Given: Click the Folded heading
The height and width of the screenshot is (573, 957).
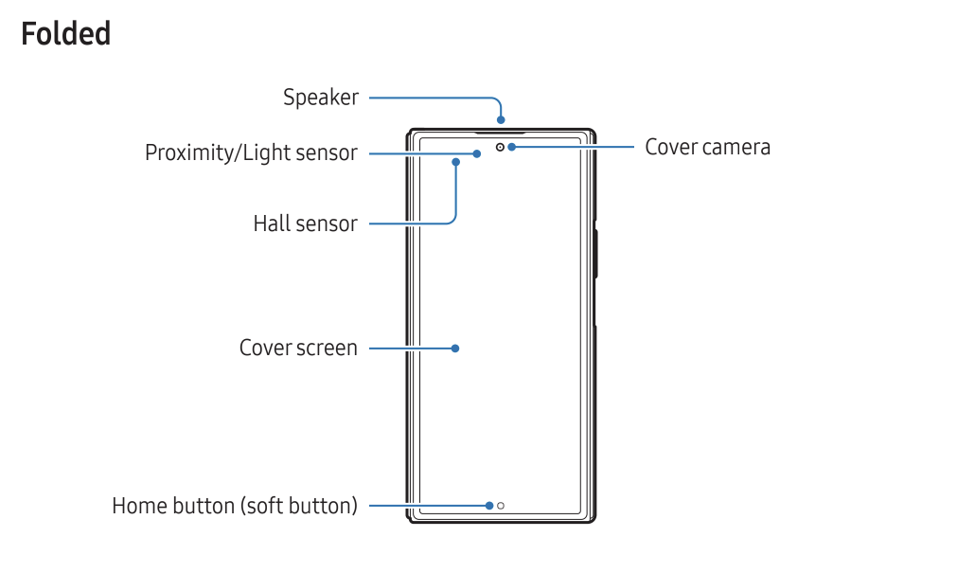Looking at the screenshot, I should [x=65, y=34].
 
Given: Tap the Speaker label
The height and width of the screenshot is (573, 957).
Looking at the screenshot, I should [x=321, y=97].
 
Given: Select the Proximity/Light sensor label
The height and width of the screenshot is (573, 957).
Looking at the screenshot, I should [x=251, y=152].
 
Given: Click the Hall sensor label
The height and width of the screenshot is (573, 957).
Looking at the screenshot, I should [x=305, y=224].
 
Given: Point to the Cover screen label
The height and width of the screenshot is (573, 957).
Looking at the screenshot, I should [x=298, y=348].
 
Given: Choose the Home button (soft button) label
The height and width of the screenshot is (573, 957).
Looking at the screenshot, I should [x=235, y=506].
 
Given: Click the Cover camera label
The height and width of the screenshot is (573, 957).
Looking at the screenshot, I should [x=707, y=147].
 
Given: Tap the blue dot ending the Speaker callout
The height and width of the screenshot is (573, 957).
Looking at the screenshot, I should [x=501, y=120].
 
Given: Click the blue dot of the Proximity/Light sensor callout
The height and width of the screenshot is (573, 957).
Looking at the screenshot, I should [x=478, y=152].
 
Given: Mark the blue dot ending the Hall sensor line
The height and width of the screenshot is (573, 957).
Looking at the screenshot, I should [x=455, y=162].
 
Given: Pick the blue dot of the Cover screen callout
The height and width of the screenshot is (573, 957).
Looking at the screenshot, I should [x=455, y=349].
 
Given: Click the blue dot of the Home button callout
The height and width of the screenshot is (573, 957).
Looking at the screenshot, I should [x=488, y=506].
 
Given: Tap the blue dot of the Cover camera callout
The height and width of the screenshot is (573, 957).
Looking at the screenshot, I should [x=511, y=147].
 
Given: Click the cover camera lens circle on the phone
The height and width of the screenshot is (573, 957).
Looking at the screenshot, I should [x=500, y=147].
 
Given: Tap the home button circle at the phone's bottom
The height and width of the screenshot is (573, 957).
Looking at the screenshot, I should [x=501, y=506].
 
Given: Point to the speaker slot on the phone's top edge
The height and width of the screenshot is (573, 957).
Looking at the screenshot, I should [x=502, y=131].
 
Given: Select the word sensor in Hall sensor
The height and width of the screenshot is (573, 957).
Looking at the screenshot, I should [x=327, y=224].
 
